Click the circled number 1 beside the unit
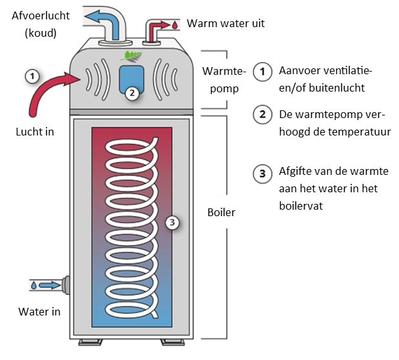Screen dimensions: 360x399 [32, 76]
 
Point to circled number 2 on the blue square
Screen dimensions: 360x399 [132, 92]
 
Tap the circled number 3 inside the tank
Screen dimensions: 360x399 [171, 223]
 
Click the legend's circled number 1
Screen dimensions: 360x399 [261, 71]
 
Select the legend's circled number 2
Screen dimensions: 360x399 [261, 115]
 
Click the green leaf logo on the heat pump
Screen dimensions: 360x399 [131, 55]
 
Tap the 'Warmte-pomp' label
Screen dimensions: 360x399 [218, 78]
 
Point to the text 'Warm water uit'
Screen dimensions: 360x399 [225, 24]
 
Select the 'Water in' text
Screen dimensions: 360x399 [39, 312]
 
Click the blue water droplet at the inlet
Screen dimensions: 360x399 [34, 285]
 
